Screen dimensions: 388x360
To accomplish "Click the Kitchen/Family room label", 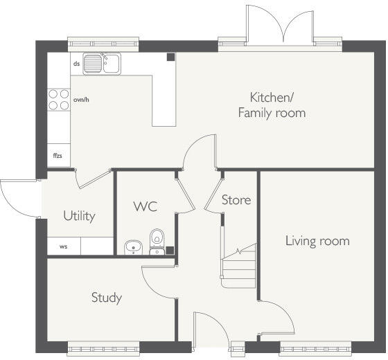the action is (x=272, y=105).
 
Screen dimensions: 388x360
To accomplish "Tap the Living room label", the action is (x=317, y=241).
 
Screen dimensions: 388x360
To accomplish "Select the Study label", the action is (x=107, y=298).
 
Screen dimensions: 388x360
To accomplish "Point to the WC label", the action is (x=145, y=206).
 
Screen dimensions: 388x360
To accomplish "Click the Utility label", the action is (x=79, y=216).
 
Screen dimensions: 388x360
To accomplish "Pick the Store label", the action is (x=236, y=200).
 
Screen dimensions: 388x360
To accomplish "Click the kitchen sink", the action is (x=102, y=64).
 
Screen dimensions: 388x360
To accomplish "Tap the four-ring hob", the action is (x=59, y=100).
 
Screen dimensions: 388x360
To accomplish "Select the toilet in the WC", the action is (x=157, y=242).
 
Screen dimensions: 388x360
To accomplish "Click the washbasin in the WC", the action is (x=133, y=247).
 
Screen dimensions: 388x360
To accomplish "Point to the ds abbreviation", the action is (x=77, y=64).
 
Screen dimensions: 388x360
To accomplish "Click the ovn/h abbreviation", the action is (x=81, y=100).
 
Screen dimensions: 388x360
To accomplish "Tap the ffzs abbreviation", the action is (x=58, y=156).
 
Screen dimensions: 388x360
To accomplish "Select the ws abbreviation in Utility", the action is (x=64, y=246).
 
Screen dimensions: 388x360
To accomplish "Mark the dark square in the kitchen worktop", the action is (x=170, y=57).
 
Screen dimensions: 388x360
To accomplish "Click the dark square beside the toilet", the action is (x=170, y=251).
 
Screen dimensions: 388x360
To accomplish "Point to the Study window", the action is (x=103, y=349).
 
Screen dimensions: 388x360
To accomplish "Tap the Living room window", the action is (x=315, y=349).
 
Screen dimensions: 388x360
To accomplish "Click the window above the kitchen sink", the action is (x=103, y=44).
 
